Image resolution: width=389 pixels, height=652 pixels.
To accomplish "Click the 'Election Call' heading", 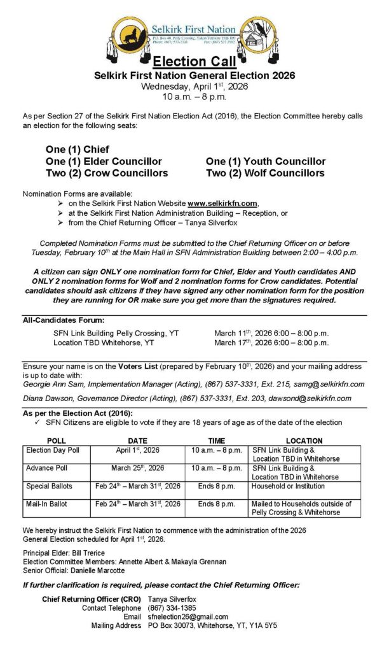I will (x=194, y=62).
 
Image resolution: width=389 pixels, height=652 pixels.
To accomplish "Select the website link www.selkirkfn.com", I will (x=222, y=203).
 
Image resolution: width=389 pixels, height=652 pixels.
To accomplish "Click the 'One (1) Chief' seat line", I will (x=78, y=150).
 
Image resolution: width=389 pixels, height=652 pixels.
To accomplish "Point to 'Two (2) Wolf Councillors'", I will (x=265, y=173).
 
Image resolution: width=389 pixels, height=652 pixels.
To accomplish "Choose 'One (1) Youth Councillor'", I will (x=266, y=162).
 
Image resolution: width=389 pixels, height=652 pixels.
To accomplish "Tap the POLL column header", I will (x=56, y=441).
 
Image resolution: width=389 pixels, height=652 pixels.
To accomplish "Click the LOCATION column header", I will (x=304, y=441).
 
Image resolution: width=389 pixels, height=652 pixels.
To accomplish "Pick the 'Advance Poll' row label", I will (x=47, y=468).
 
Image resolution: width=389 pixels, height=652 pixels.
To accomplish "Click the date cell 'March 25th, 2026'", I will (x=137, y=468).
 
